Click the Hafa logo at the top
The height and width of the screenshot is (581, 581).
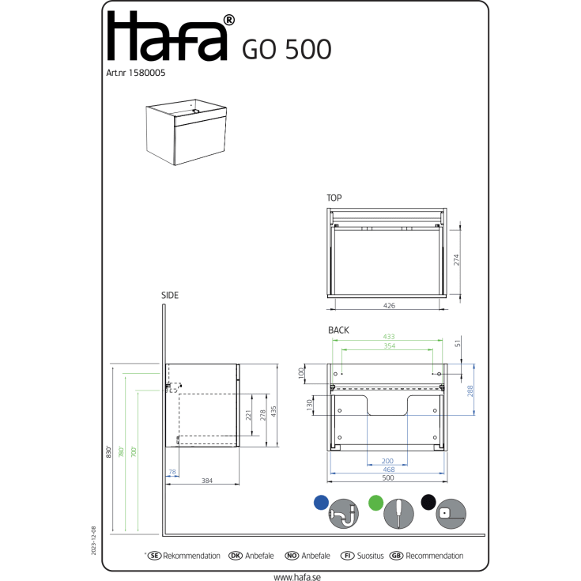(171, 36)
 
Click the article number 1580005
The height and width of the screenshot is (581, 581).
(147, 73)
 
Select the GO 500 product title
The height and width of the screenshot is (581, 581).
(286, 49)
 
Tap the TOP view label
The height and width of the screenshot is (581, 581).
(334, 198)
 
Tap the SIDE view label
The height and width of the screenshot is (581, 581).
(170, 296)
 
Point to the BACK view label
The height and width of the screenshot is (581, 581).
(338, 330)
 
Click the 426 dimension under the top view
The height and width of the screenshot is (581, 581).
(389, 306)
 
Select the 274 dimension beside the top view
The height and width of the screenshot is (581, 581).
(456, 260)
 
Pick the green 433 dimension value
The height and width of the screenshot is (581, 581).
(389, 337)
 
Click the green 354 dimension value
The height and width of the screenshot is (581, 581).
(390, 345)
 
